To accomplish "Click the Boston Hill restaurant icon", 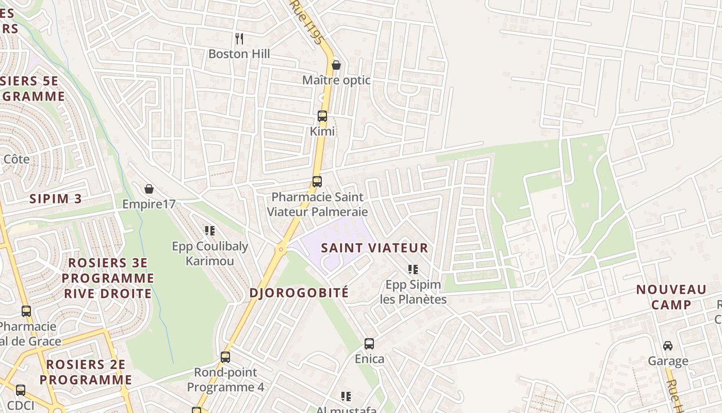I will [x=239, y=38].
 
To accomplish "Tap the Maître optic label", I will [x=336, y=81].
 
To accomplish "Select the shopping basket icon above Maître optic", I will [x=336, y=65].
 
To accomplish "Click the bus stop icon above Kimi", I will [x=322, y=116].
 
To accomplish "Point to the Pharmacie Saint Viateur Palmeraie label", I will [x=317, y=204].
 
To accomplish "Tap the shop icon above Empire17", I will [x=149, y=189].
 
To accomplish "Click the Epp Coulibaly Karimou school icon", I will [x=210, y=230].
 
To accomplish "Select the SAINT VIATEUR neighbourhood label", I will [x=374, y=248].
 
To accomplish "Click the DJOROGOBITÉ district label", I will [x=299, y=293].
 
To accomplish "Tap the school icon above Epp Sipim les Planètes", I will [x=413, y=269].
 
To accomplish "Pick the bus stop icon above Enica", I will [x=369, y=343].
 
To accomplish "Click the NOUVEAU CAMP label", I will [x=671, y=297].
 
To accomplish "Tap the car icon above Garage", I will [x=668, y=345].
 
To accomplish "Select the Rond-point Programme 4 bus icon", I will [x=225, y=357].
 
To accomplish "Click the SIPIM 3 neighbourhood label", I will [x=56, y=199].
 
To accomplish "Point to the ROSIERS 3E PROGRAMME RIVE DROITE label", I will [x=108, y=278].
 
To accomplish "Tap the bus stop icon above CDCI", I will [x=21, y=390].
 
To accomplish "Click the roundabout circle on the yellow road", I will [x=281, y=249].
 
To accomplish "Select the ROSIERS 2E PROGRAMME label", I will [x=86, y=372].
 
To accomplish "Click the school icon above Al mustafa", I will [x=346, y=396].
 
